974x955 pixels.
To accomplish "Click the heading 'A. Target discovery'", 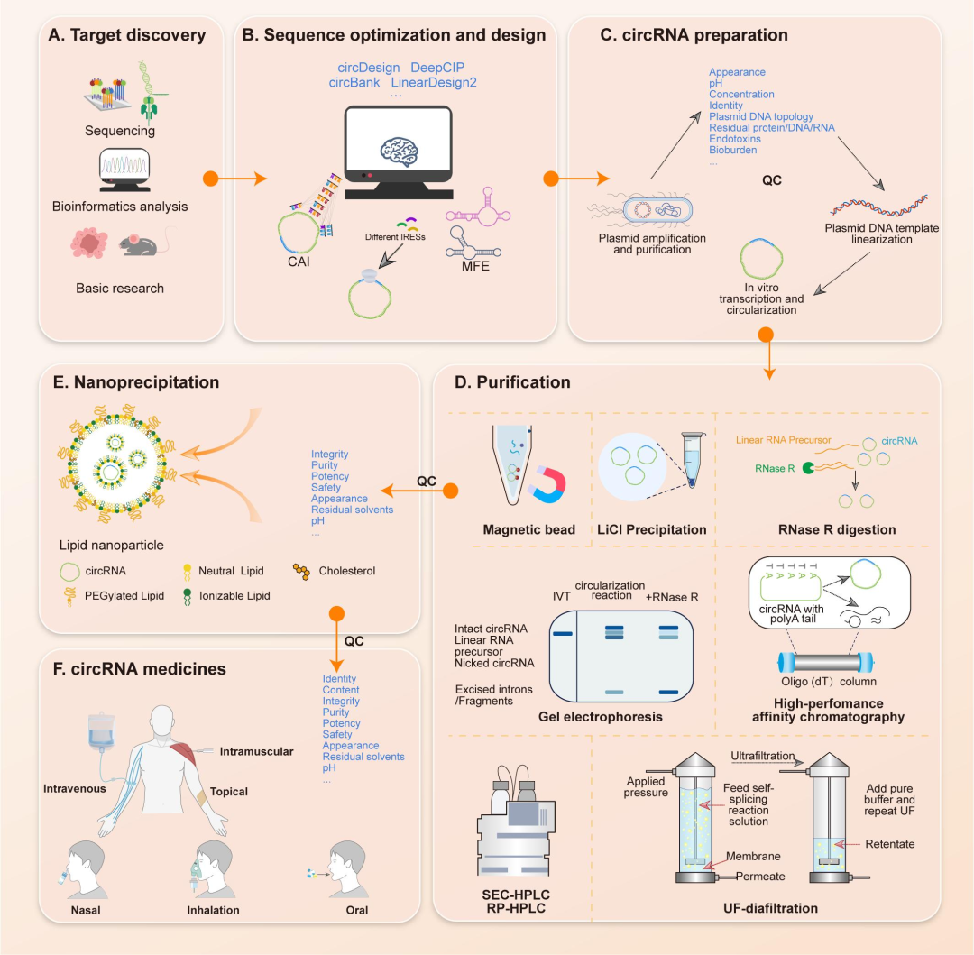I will pyautogui.click(x=128, y=36).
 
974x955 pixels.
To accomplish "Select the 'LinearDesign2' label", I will pyautogui.click(x=434, y=83).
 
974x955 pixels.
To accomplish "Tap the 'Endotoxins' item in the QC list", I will pyautogui.click(x=734, y=139).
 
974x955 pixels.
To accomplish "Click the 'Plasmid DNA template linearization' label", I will pyautogui.click(x=882, y=234).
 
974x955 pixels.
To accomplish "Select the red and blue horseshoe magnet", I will pyautogui.click(x=549, y=484).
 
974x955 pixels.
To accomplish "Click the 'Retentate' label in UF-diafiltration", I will pyautogui.click(x=891, y=844).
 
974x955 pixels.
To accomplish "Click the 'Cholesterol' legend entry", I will pyautogui.click(x=346, y=571).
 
